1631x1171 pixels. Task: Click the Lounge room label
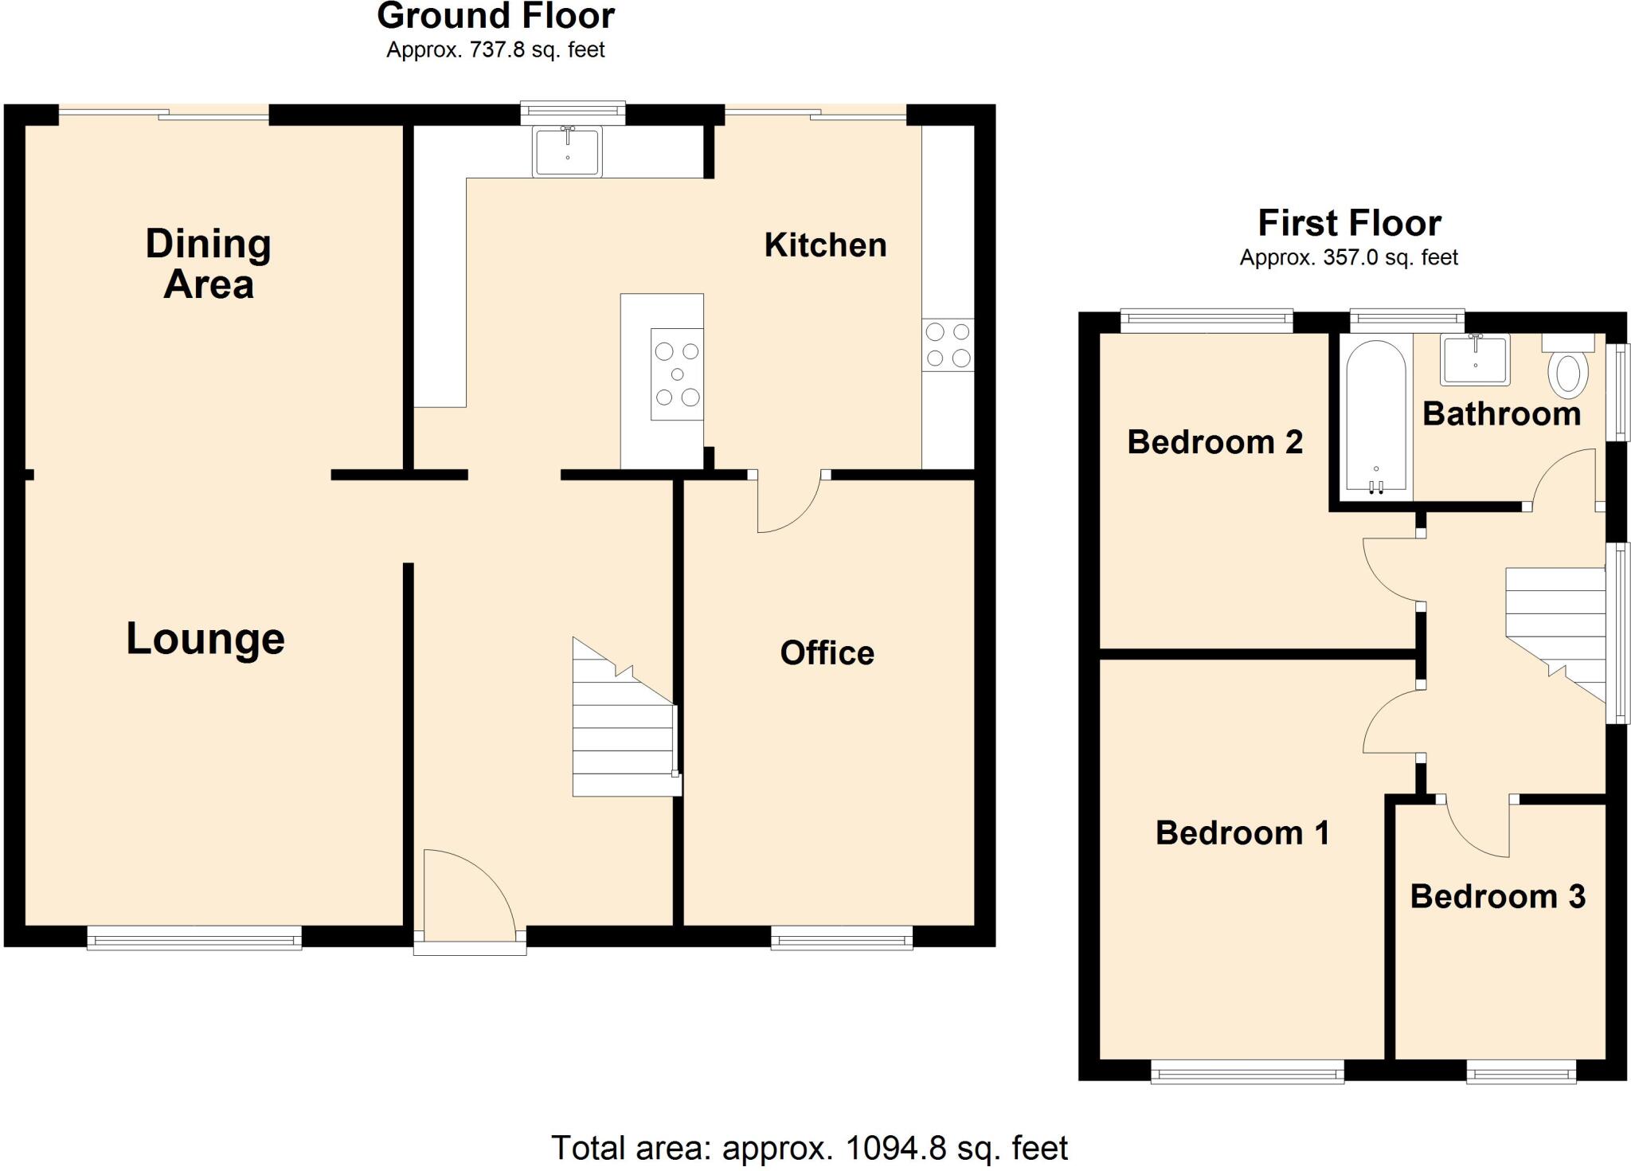[205, 639]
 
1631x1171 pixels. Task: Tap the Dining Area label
[209, 264]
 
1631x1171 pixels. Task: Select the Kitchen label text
[825, 245]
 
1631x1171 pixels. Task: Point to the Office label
[827, 653]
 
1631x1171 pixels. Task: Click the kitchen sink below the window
[568, 151]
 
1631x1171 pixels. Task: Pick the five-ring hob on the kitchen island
[677, 374]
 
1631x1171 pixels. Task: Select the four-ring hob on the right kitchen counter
[948, 345]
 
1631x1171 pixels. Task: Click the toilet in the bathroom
[1568, 368]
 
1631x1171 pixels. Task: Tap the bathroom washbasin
[1476, 359]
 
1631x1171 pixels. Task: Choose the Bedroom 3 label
[1497, 897]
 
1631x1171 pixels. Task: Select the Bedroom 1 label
[1242, 833]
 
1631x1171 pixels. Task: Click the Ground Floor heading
[495, 16]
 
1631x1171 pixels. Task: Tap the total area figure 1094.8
[895, 1149]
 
